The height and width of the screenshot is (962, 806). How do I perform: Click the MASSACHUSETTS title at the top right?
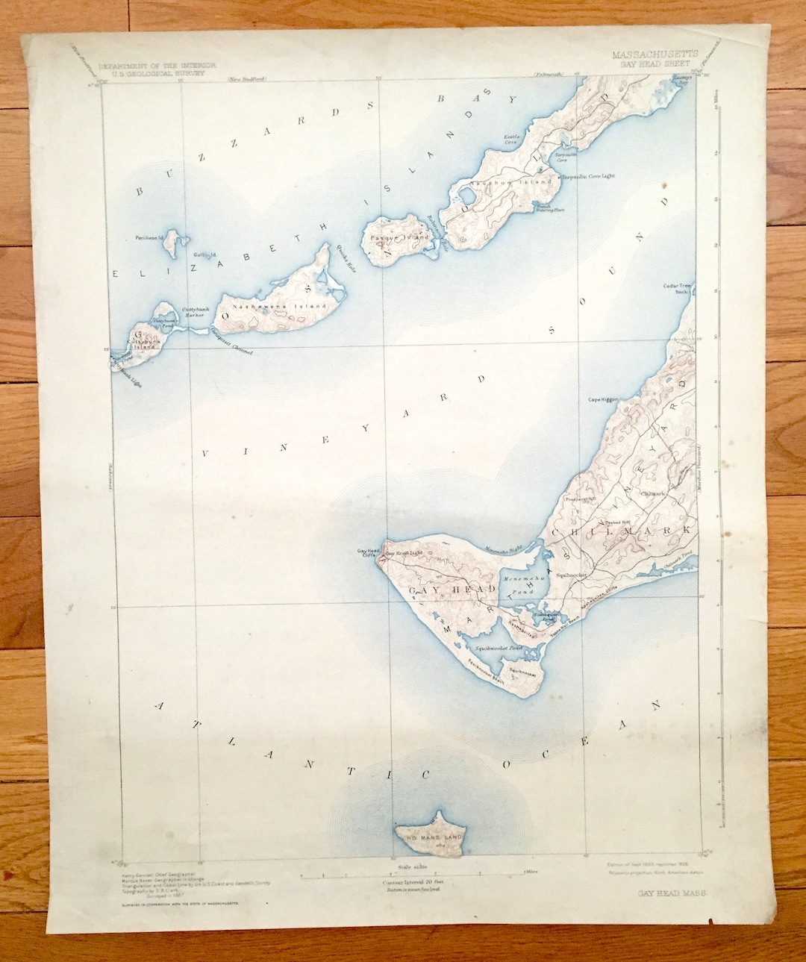tap(655, 54)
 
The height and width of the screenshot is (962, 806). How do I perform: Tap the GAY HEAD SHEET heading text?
tap(655, 63)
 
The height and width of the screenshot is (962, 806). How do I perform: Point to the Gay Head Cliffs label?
tap(369, 554)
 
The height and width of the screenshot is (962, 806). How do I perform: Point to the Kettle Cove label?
tap(511, 140)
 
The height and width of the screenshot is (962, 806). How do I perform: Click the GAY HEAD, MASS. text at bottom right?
tap(666, 893)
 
